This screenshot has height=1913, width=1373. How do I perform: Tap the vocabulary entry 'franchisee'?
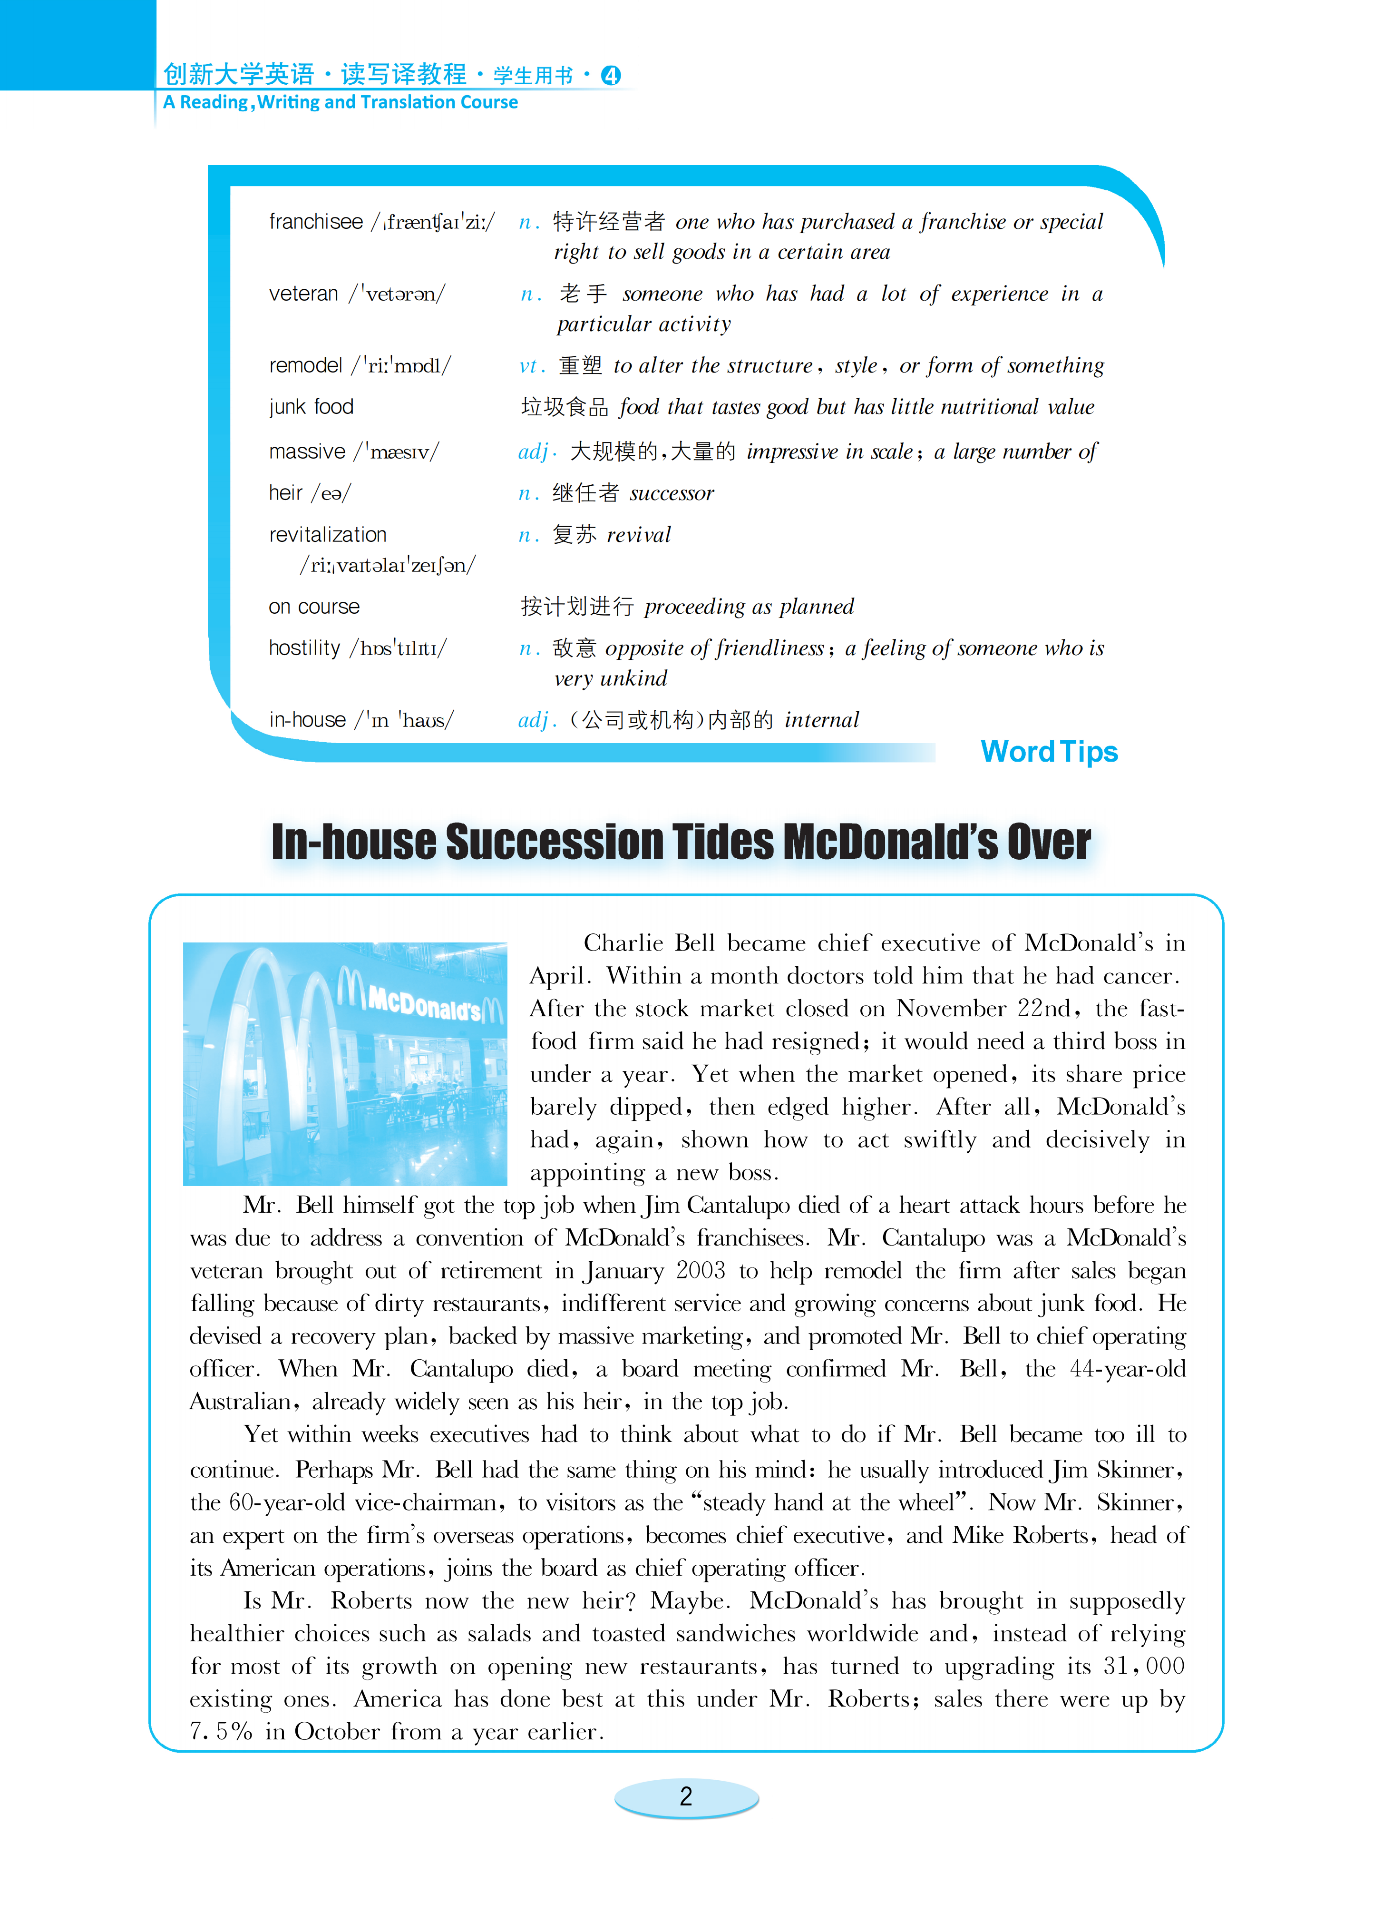point(315,222)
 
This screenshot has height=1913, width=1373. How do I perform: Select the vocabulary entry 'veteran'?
point(303,294)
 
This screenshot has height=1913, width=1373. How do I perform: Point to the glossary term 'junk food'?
point(311,407)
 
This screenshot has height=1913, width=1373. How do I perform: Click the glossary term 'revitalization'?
point(327,535)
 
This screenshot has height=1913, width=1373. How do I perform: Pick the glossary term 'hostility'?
point(304,648)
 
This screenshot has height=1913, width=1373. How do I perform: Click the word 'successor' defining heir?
point(672,493)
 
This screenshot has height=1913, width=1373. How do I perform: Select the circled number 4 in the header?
point(611,76)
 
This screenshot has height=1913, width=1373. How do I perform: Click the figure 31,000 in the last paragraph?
point(1144,1666)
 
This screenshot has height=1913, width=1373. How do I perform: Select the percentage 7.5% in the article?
point(221,1732)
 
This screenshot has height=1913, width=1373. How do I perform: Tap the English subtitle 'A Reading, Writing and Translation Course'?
point(341,102)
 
